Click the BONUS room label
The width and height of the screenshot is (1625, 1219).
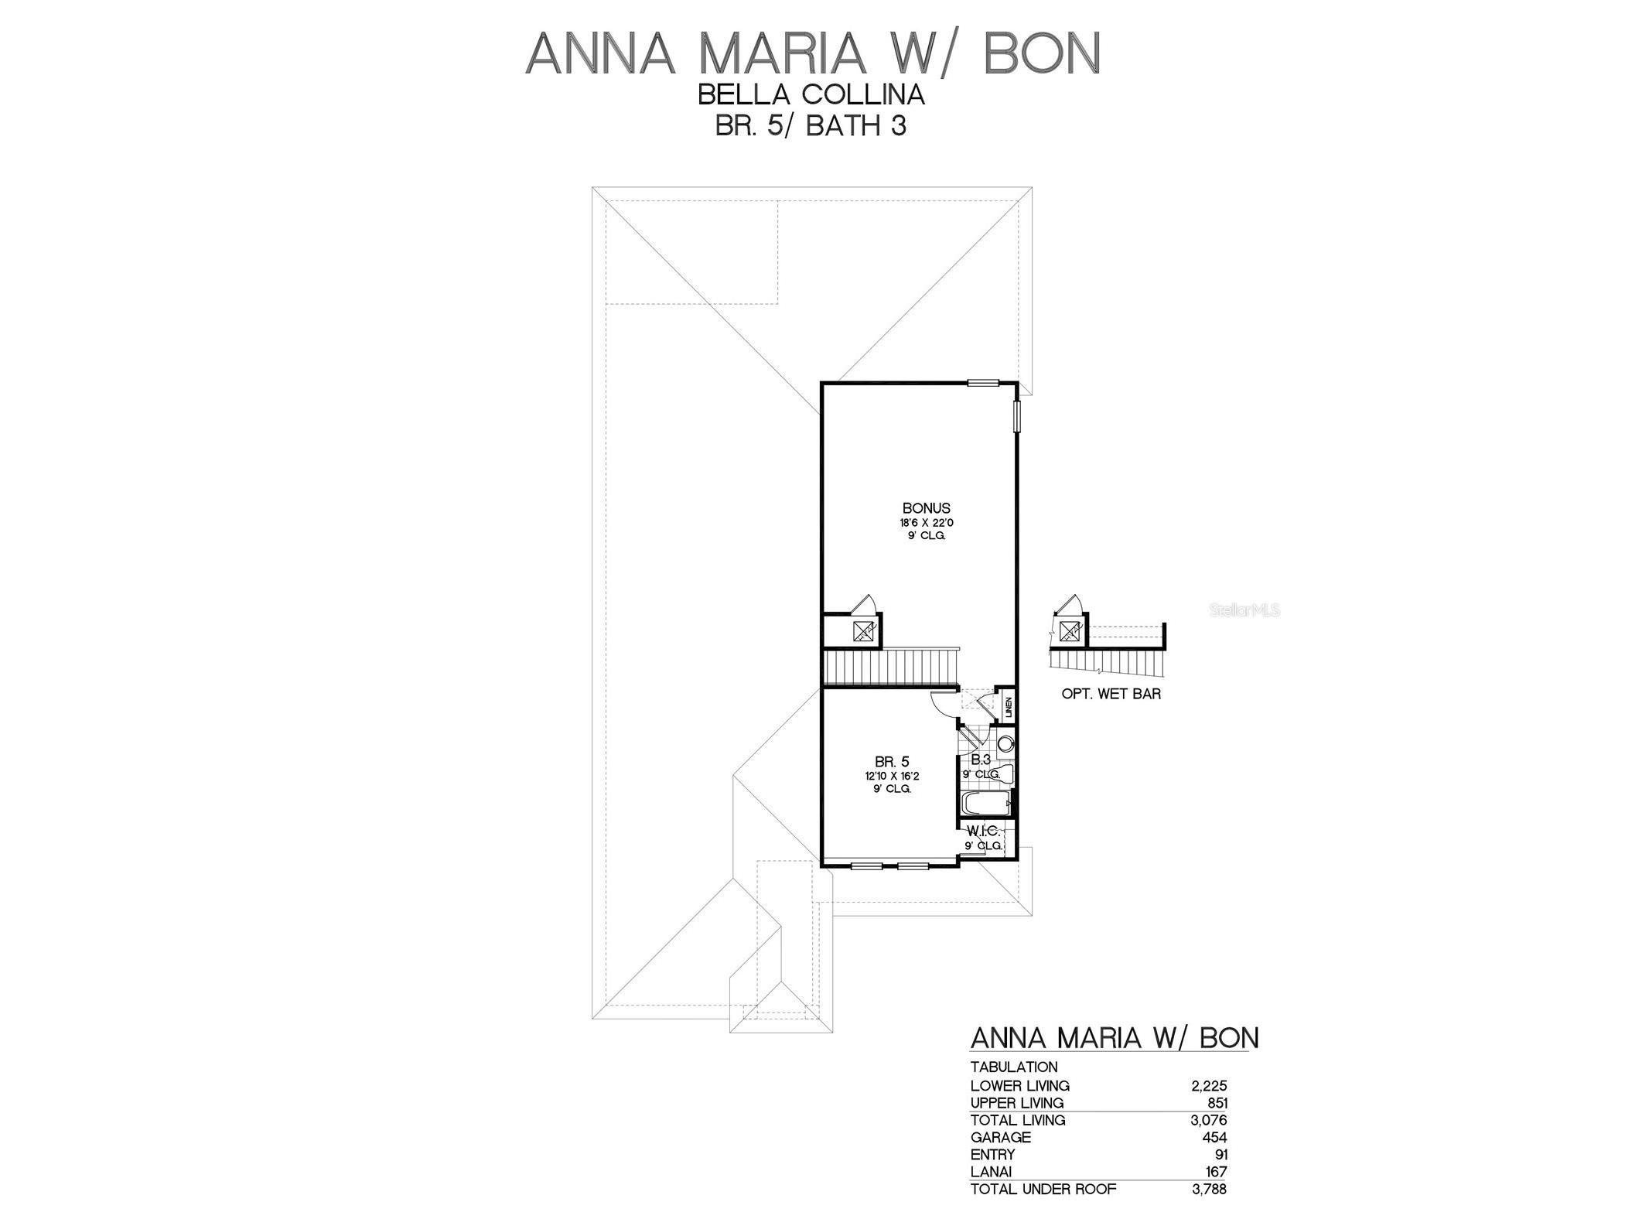[926, 508]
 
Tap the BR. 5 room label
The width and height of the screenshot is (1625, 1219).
[887, 762]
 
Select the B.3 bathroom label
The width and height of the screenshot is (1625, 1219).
[981, 760]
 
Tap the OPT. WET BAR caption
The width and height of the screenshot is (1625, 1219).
[1111, 694]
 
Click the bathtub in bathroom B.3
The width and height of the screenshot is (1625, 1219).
[986, 804]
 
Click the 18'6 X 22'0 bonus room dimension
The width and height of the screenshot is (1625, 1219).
[926, 523]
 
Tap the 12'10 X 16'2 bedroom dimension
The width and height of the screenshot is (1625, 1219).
[887, 776]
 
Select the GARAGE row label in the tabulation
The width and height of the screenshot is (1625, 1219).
[1001, 1137]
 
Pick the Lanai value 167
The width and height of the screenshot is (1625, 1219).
[1216, 1172]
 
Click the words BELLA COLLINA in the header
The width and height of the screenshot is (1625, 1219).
[811, 94]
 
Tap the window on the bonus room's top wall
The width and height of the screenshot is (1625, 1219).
[983, 382]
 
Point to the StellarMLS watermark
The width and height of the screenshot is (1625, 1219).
[1244, 610]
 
